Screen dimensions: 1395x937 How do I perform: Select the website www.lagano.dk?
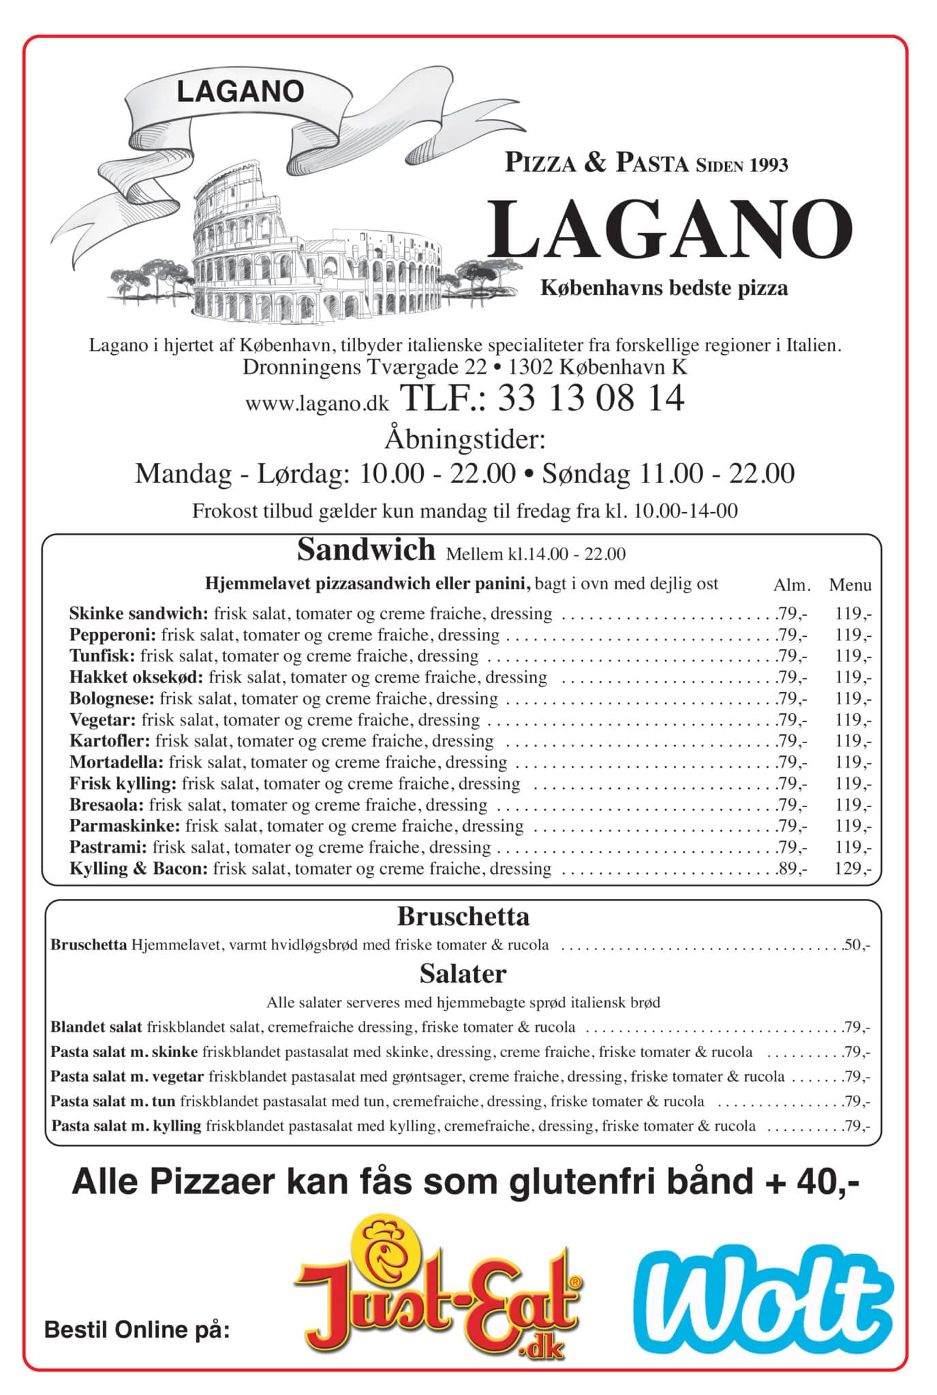[317, 403]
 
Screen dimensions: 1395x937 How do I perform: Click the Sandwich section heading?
[366, 550]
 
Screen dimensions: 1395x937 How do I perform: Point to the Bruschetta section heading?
[463, 916]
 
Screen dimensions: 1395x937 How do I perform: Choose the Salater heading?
[463, 973]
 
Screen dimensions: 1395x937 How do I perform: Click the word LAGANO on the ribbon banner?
[240, 92]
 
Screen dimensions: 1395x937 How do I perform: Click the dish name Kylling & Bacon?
[138, 868]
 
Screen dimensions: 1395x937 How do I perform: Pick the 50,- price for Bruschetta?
[856, 945]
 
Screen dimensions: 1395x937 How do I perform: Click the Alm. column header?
[792, 584]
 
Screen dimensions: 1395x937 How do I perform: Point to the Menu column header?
[850, 584]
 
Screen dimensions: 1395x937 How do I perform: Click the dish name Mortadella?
[117, 762]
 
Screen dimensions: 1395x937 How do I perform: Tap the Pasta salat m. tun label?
[113, 1101]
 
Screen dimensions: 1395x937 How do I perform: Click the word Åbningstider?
[465, 439]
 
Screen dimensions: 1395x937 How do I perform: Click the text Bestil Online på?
[137, 1329]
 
